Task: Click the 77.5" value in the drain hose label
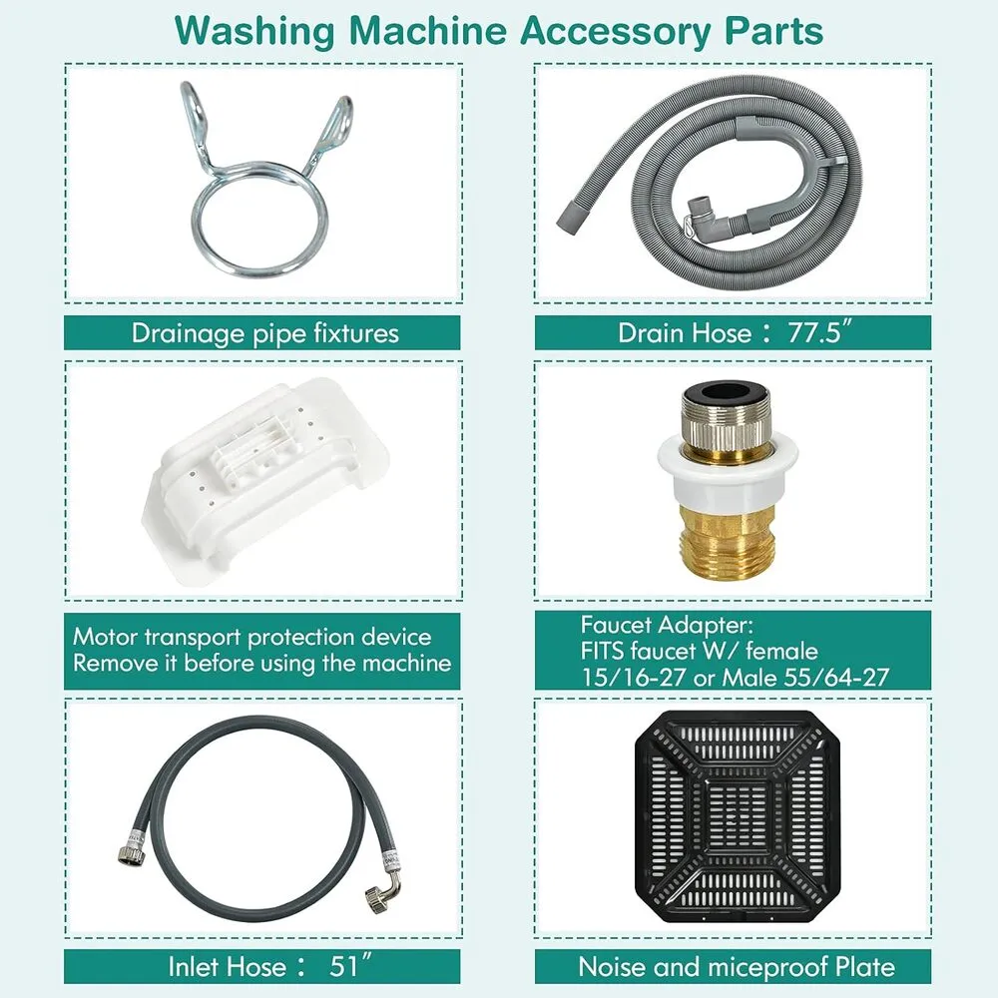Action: (819, 333)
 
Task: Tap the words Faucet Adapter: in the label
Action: (667, 625)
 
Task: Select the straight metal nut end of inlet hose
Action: (131, 853)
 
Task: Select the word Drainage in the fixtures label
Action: (188, 333)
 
